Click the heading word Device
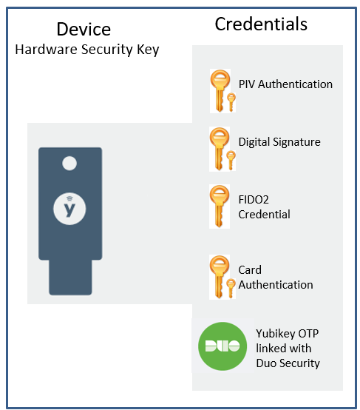(x=84, y=29)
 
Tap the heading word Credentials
(x=261, y=24)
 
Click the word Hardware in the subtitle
(x=46, y=49)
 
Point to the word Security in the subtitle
(x=107, y=50)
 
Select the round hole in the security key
(x=69, y=164)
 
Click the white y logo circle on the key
(x=69, y=209)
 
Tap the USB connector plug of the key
(x=70, y=278)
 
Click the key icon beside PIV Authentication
(x=223, y=91)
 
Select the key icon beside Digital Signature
(x=223, y=149)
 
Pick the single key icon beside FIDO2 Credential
(x=220, y=206)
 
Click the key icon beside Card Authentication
(x=223, y=277)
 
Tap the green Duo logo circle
(x=223, y=346)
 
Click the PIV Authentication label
(x=285, y=84)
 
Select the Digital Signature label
(x=279, y=142)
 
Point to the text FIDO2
(x=254, y=200)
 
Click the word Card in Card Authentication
(x=250, y=270)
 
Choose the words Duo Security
(x=288, y=363)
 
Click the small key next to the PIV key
(x=231, y=102)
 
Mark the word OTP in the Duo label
(x=308, y=334)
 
